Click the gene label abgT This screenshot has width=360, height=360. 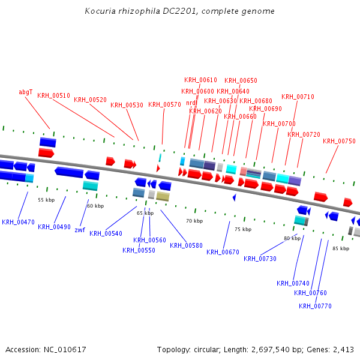[25, 92]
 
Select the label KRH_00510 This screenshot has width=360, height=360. [53, 95]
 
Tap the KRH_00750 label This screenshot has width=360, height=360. [339, 141]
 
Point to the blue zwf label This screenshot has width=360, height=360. [80, 229]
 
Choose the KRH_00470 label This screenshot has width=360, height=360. [18, 222]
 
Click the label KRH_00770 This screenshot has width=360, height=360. [315, 306]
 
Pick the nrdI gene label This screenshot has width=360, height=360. [191, 103]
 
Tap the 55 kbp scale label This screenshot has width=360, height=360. [46, 200]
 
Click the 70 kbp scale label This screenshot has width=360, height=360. [194, 221]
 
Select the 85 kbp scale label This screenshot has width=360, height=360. [341, 248]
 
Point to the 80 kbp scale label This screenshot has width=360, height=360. [292, 238]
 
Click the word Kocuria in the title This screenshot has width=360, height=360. [98, 11]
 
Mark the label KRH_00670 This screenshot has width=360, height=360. [223, 252]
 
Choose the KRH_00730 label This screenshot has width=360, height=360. [260, 259]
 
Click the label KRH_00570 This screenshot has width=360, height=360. [164, 104]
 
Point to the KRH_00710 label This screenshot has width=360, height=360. [298, 97]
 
